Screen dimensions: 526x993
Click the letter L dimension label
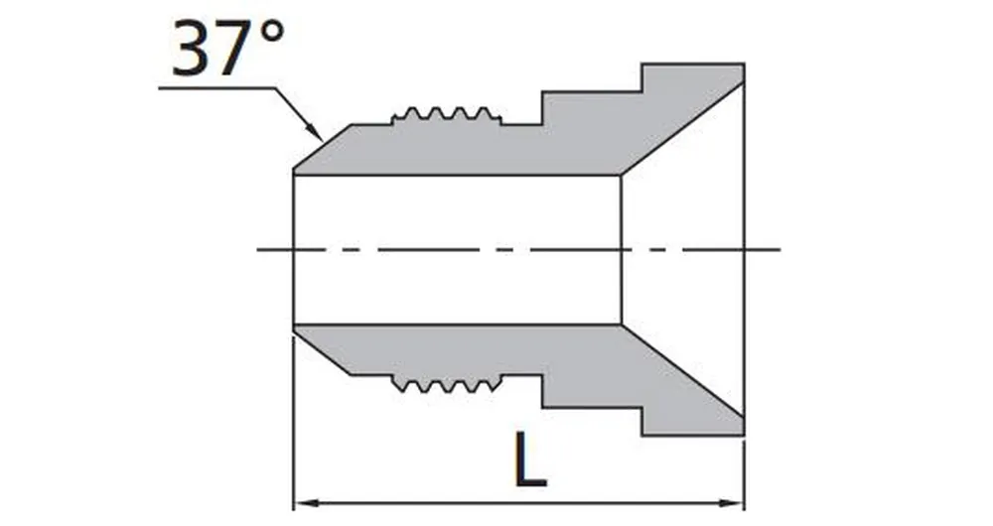[530, 458]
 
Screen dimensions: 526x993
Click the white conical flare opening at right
[685, 248]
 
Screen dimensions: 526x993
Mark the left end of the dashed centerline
[260, 248]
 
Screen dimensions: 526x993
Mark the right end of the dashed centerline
[780, 248]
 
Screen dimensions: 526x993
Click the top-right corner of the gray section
[743, 66]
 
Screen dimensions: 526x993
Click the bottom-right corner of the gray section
[743, 435]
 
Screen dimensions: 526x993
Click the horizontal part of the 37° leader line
[213, 89]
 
